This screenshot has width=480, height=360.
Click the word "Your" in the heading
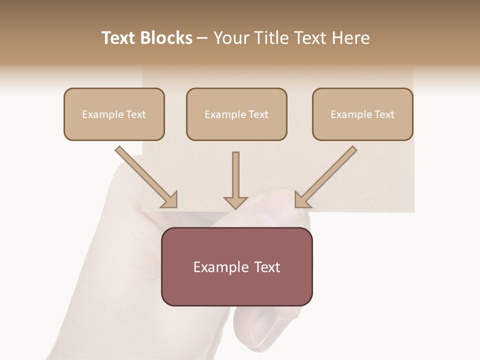(x=231, y=38)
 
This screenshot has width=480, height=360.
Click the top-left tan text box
(x=114, y=114)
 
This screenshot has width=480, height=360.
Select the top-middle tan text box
(x=236, y=114)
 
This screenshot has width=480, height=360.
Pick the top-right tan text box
(x=362, y=114)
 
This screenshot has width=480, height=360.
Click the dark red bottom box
(x=236, y=266)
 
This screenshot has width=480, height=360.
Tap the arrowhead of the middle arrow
(x=235, y=202)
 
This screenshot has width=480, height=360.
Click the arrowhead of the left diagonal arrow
(x=170, y=200)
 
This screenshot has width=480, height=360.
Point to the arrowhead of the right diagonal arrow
(x=301, y=200)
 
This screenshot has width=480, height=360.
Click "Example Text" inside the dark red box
(x=236, y=267)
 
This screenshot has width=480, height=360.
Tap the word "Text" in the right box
(x=384, y=114)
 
